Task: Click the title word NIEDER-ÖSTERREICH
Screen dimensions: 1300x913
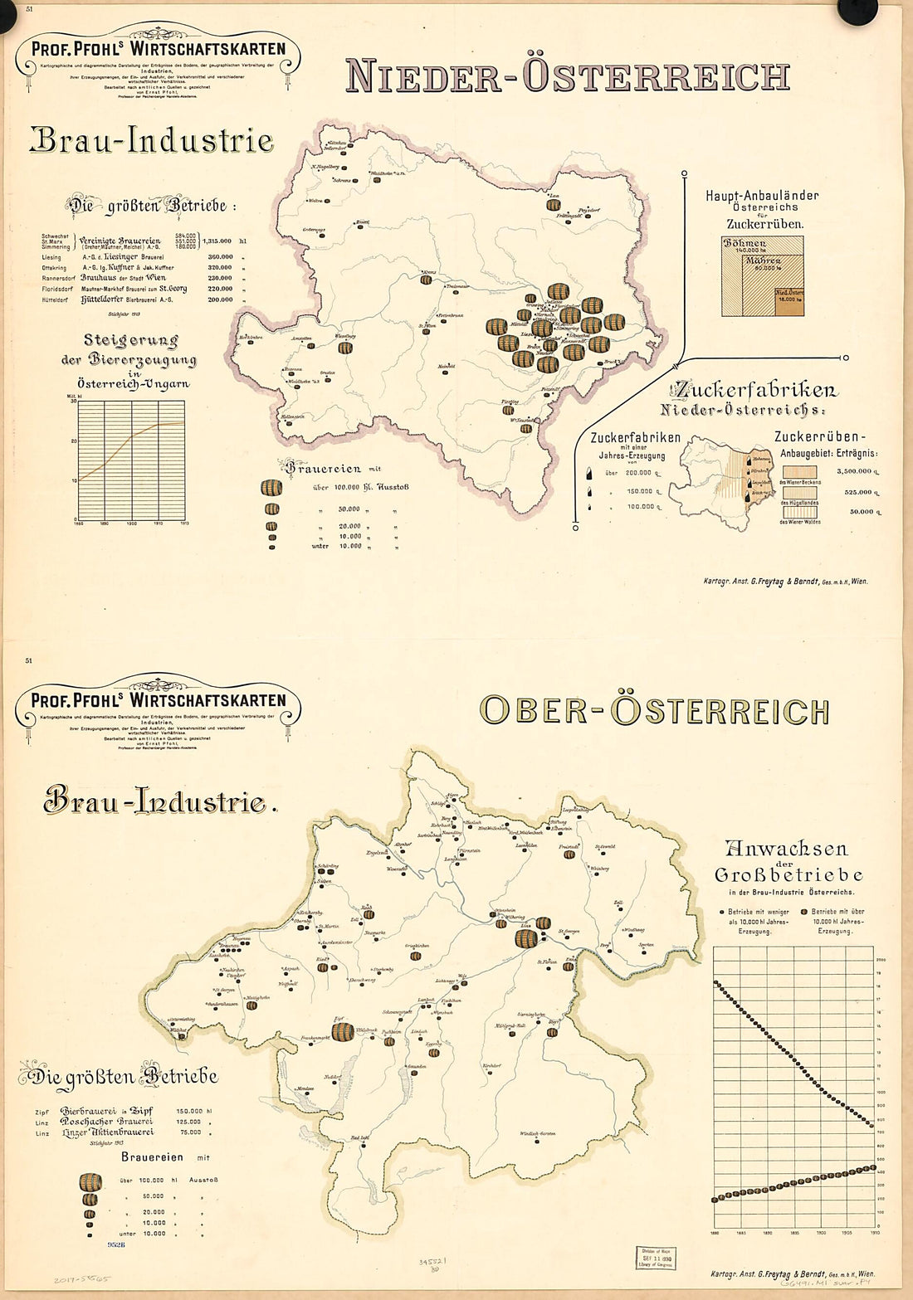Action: (x=567, y=75)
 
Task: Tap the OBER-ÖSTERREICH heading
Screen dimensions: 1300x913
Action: (x=654, y=711)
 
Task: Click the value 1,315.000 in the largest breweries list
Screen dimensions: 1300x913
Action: (x=219, y=241)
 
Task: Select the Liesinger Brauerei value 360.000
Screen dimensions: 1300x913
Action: (x=220, y=257)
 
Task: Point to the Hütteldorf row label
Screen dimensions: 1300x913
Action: (x=56, y=300)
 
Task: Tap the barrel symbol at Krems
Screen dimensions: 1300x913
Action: (x=426, y=280)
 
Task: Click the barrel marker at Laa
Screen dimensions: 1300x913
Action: (x=554, y=204)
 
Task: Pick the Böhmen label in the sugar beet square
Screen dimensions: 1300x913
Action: (x=745, y=244)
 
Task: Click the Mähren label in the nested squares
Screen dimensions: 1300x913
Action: (x=762, y=260)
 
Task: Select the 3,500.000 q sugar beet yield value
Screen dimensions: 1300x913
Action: (x=854, y=471)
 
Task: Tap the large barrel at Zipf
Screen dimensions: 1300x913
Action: (x=342, y=1031)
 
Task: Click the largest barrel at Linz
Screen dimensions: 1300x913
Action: (x=526, y=938)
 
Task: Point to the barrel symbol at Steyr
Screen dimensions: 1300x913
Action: (x=551, y=1033)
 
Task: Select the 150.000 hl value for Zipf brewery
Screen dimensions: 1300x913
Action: (x=189, y=1111)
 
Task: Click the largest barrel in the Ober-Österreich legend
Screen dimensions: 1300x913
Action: (x=90, y=1181)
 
